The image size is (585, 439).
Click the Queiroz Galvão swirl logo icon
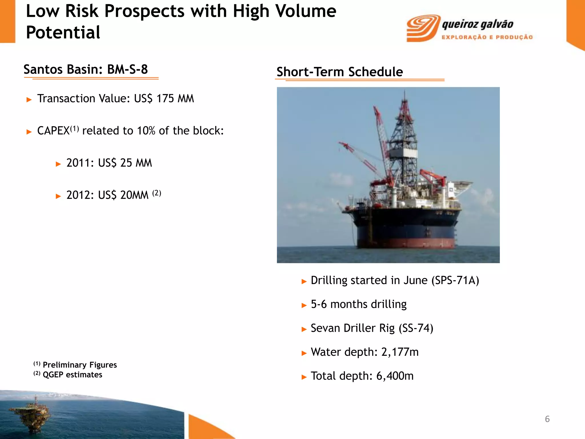[x=423, y=28]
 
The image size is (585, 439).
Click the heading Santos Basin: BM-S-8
[x=86, y=69]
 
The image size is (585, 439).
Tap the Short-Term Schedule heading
[x=339, y=72]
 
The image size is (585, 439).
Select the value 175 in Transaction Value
[x=165, y=99]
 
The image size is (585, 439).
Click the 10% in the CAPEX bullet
[x=146, y=131]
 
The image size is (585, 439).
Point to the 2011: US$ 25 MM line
[x=109, y=163]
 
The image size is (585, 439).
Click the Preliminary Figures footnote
[x=79, y=365]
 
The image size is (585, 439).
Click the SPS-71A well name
[x=455, y=280]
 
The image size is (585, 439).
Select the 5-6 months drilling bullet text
[x=358, y=304]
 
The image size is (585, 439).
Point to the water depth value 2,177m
[x=400, y=352]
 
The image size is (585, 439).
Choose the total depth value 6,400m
[x=395, y=376]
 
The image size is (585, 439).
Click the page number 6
[x=547, y=419]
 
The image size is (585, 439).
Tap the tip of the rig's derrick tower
[x=404, y=92]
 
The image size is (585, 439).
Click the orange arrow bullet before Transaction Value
[x=29, y=99]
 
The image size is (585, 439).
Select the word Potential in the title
[x=63, y=32]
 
